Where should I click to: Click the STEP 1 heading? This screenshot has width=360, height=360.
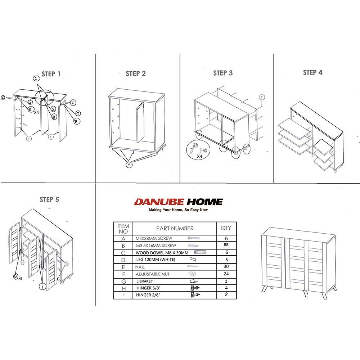[x=51, y=74]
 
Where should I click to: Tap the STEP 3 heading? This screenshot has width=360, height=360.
[x=223, y=73]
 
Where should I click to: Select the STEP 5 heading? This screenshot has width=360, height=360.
[x=49, y=199]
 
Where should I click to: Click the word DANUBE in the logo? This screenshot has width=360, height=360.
[x=159, y=202]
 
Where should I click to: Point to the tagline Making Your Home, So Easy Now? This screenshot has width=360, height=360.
[x=178, y=210]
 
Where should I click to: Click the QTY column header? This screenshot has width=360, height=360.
[x=226, y=228]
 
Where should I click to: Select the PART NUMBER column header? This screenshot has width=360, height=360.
[x=175, y=229]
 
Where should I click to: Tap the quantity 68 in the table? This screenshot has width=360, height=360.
[x=226, y=245]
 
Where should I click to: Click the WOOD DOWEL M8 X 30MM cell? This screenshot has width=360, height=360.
[x=162, y=253]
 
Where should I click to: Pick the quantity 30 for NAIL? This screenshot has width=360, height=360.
[x=226, y=266]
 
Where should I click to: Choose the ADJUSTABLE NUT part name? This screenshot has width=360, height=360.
[x=152, y=274]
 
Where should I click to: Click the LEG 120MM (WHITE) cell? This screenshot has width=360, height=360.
[x=156, y=260]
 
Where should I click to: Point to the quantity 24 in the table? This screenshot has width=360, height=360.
[x=226, y=274]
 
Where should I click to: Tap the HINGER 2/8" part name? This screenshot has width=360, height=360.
[x=148, y=295]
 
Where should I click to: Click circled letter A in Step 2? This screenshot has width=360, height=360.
[x=129, y=165]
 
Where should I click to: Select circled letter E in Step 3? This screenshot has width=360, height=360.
[x=261, y=97]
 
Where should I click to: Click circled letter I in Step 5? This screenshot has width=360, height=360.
[x=42, y=287]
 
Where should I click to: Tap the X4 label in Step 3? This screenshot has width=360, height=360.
[x=199, y=156]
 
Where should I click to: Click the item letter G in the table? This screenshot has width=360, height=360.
[x=123, y=282]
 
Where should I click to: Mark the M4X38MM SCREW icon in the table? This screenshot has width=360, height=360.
[x=194, y=238]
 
